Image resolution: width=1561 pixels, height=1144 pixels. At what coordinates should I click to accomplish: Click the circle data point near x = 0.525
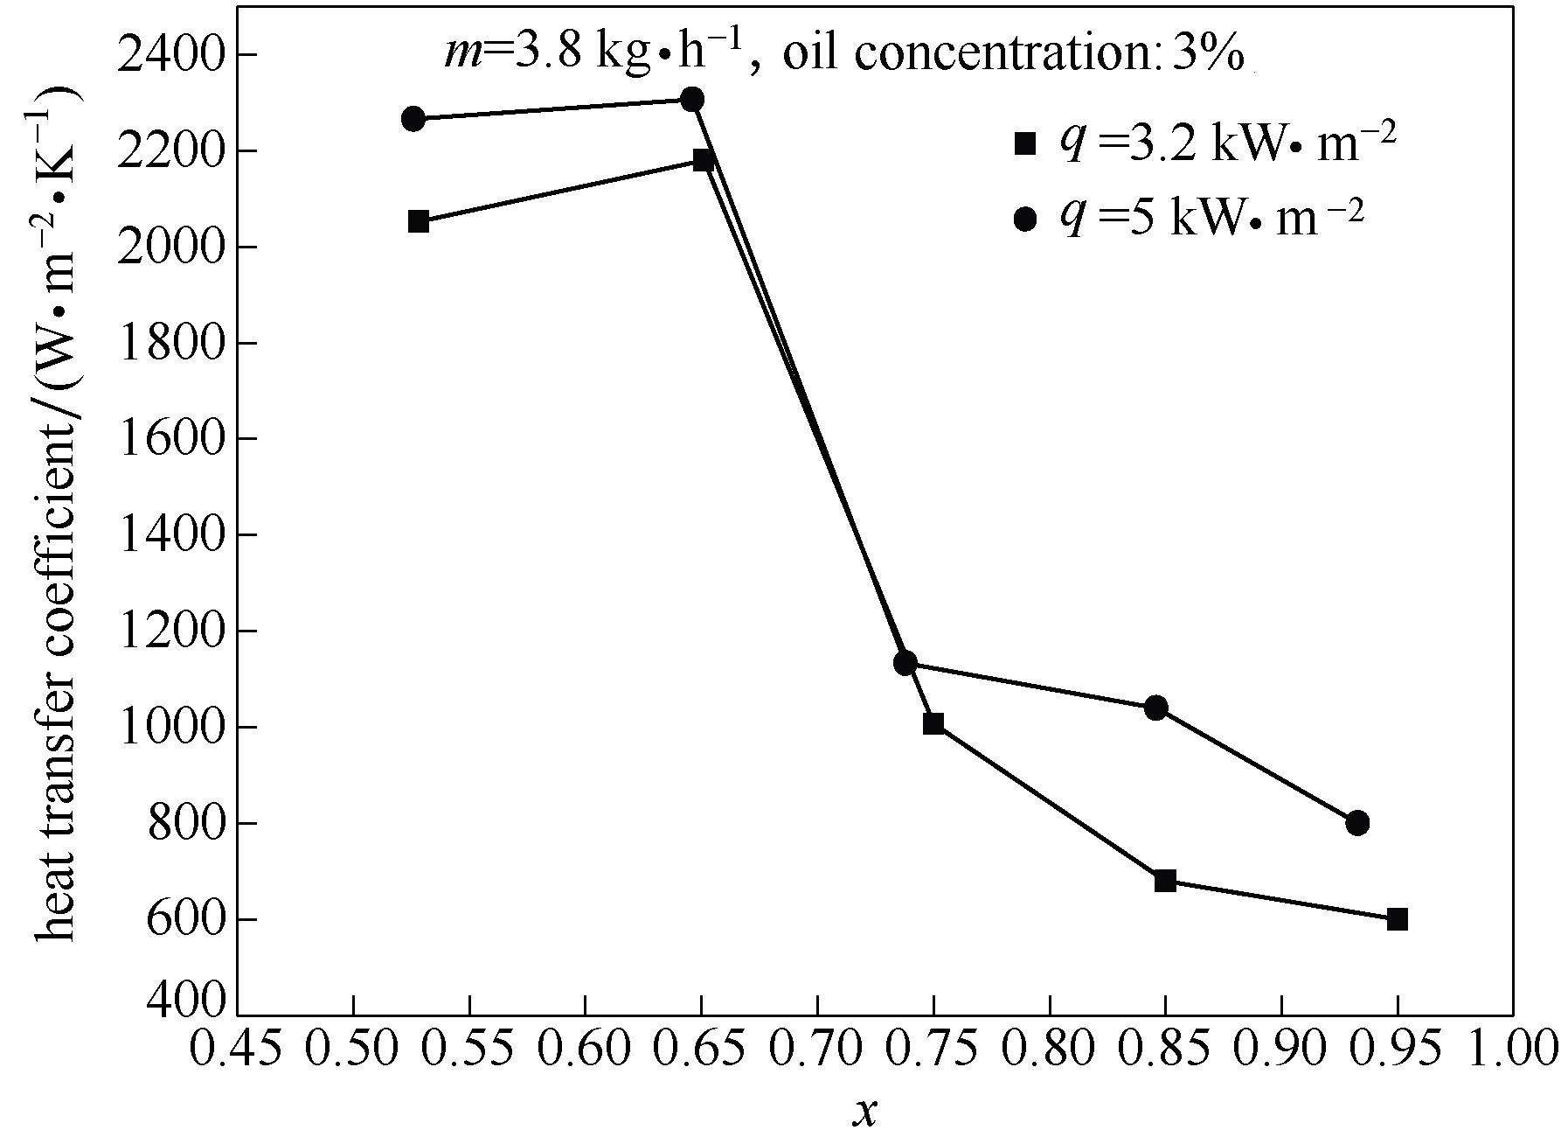tap(413, 119)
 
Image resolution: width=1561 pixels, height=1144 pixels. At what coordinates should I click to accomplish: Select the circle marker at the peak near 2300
tap(692, 99)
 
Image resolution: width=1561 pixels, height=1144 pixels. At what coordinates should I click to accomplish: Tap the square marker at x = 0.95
tap(1397, 919)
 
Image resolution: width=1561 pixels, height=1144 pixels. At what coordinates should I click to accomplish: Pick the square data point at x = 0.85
tap(1165, 880)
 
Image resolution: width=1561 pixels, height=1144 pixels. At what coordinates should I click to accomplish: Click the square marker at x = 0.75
tap(933, 723)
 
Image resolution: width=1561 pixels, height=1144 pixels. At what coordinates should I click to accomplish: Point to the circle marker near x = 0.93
tap(1357, 823)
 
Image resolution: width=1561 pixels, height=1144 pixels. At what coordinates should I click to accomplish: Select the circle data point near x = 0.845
tap(1156, 708)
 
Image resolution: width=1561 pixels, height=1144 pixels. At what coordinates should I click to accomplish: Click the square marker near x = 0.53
tap(419, 221)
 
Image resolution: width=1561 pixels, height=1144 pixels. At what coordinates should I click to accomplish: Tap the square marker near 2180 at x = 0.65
tap(703, 159)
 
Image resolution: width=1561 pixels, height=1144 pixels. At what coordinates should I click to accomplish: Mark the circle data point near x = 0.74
tap(905, 662)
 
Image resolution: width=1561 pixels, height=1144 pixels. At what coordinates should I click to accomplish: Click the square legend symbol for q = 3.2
tap(1025, 143)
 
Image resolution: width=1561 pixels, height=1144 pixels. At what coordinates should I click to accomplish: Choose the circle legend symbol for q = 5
tap(1025, 220)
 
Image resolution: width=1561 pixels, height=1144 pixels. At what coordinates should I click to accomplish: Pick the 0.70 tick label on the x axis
tap(817, 1048)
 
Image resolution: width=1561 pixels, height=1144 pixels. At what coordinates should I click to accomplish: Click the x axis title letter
tap(865, 1112)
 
